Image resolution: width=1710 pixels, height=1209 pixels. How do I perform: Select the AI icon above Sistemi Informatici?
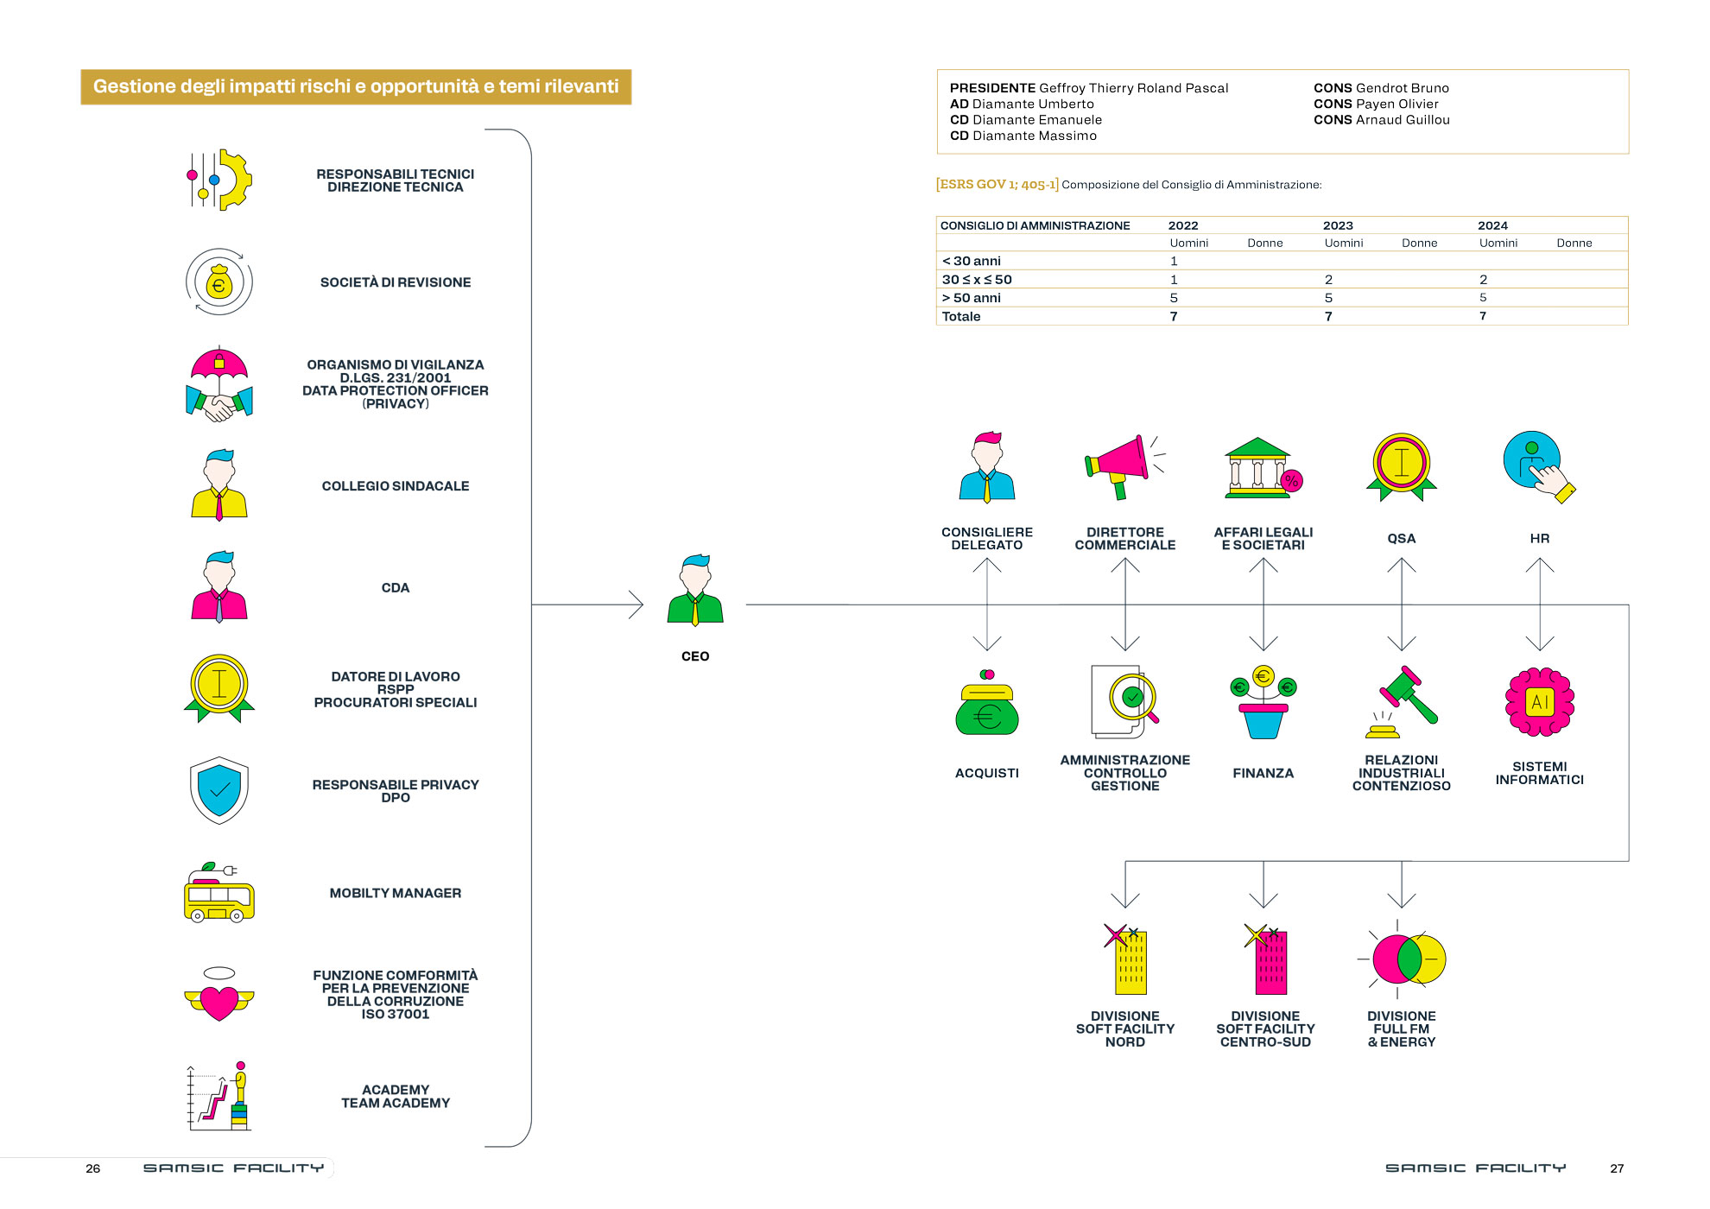[1540, 701]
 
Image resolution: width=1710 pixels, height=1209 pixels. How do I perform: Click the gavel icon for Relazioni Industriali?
[1401, 702]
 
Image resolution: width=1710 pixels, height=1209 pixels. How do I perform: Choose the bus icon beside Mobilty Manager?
[219, 893]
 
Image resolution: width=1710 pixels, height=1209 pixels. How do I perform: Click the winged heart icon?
[219, 995]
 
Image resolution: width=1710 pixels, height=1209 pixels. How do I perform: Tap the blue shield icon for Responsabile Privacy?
[219, 790]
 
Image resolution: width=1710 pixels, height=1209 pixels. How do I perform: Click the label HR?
[1540, 539]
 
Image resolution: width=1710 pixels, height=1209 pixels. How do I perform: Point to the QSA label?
[1402, 539]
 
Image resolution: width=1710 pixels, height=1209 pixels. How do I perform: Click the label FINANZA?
[1263, 774]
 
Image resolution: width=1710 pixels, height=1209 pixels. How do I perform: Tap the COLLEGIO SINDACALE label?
[396, 486]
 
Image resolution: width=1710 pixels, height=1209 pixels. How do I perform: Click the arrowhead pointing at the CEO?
[637, 604]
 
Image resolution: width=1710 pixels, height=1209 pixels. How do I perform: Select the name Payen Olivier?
[1397, 104]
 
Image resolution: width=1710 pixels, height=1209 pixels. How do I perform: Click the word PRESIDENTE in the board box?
[992, 88]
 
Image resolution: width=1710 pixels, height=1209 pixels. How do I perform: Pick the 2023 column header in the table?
[1338, 225]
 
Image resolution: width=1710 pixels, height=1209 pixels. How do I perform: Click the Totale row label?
[961, 317]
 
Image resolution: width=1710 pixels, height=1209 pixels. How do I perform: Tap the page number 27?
[1617, 1168]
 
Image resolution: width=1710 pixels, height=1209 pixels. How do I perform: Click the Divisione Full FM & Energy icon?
[1401, 959]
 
